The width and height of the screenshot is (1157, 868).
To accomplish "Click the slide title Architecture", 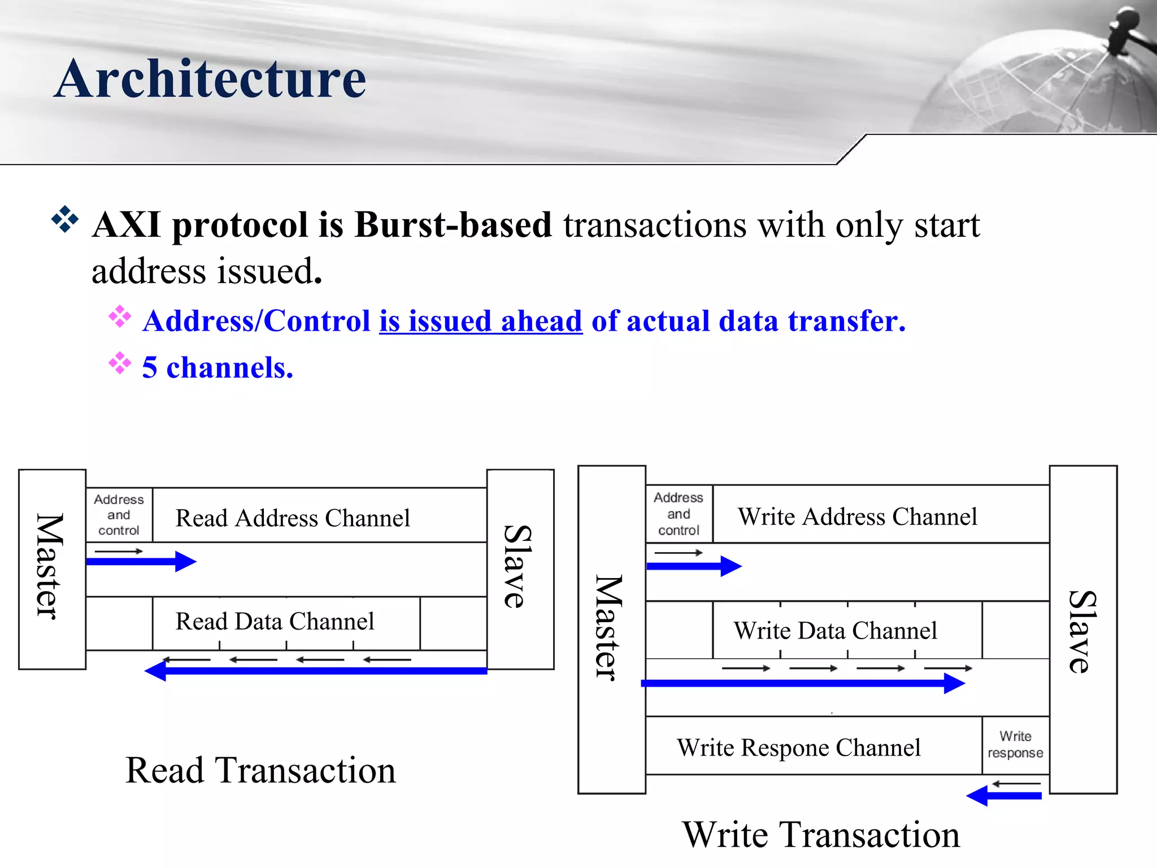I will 210,79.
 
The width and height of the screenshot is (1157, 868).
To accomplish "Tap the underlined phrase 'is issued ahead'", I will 480,321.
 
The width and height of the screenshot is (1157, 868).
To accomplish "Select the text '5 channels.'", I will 218,368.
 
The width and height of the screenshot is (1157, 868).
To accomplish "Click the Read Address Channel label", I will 293,518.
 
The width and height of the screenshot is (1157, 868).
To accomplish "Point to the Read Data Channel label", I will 275,622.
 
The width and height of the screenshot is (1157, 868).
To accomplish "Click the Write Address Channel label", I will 857,517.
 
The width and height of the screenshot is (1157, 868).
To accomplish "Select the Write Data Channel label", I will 835,631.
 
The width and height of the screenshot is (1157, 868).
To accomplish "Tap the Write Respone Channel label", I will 798,748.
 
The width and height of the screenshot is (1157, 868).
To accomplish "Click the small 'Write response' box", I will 1015,745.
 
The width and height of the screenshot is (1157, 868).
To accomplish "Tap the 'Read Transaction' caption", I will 260,770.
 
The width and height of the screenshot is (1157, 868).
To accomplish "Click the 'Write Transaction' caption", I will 821,835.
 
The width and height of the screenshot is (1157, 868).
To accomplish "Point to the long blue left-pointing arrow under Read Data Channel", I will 316,671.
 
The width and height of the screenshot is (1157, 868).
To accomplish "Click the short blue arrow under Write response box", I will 1004,796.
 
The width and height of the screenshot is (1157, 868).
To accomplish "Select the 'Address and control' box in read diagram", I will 119,515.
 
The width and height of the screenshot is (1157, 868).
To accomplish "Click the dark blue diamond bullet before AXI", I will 65,220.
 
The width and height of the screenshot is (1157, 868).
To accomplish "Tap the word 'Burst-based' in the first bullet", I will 453,225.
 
